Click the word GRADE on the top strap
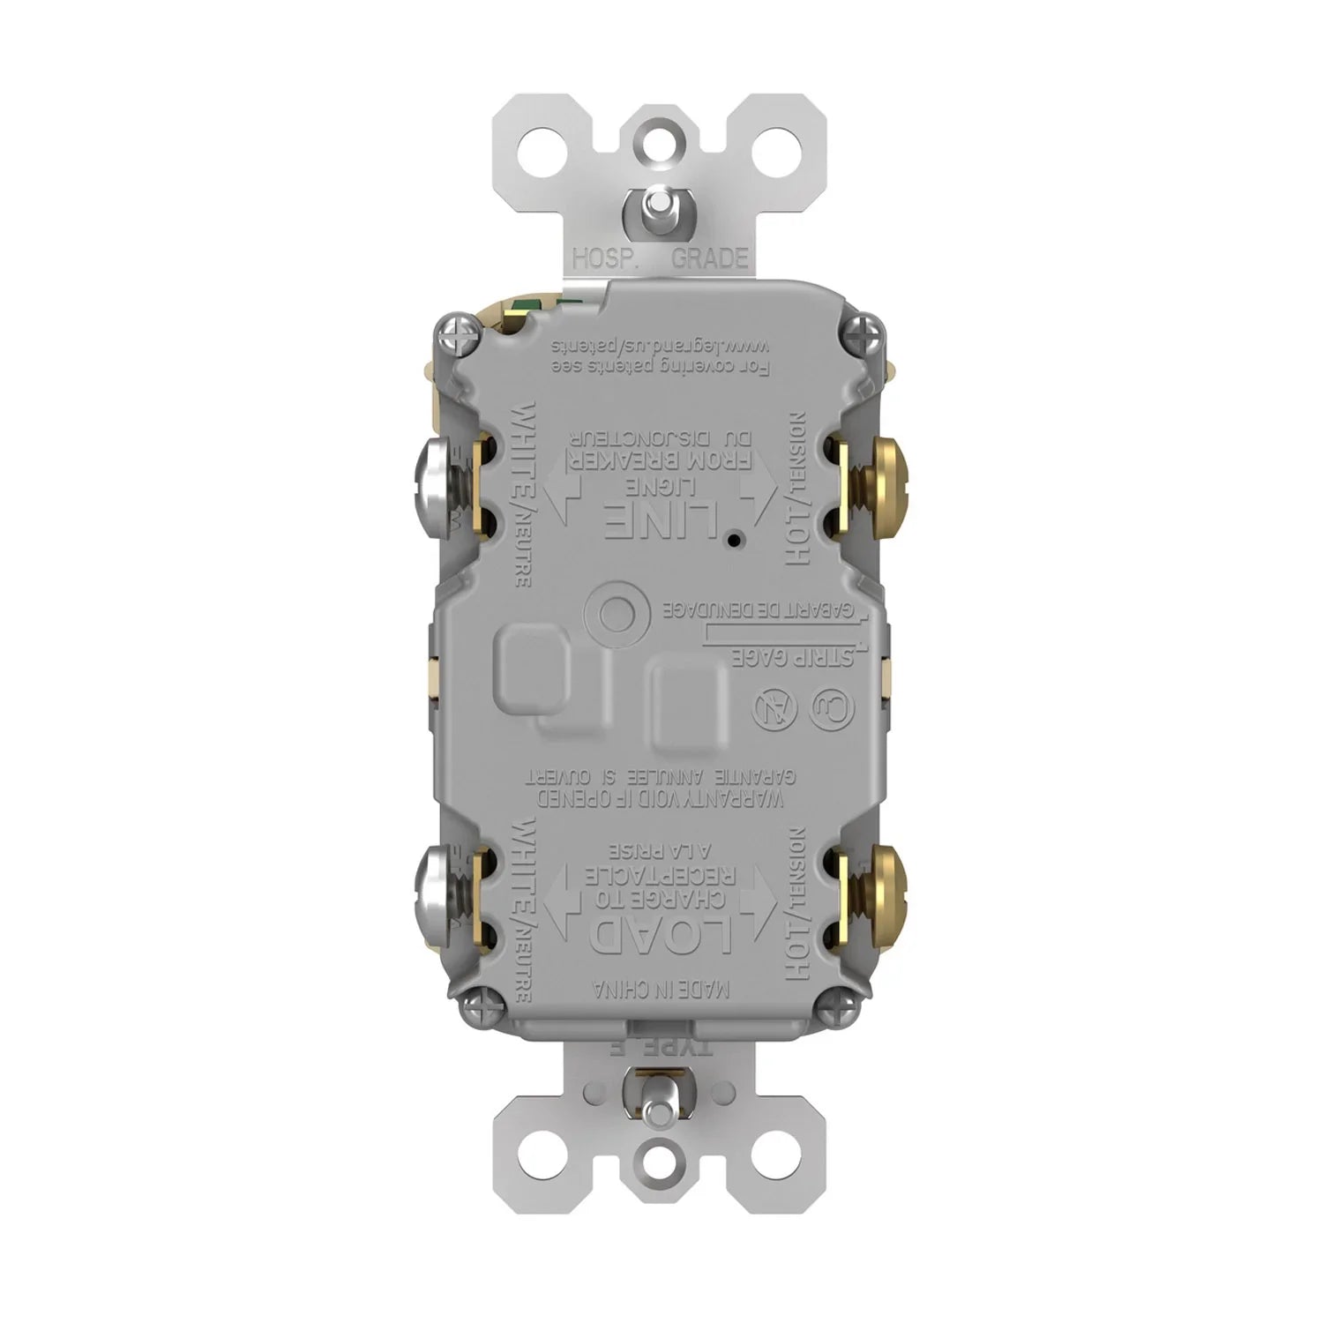[710, 258]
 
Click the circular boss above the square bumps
[609, 609]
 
